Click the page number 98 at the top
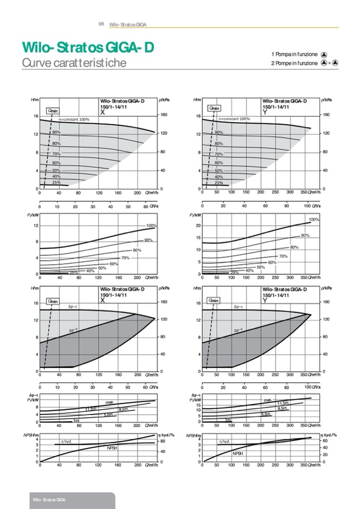point(101,24)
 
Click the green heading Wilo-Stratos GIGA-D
point(88,48)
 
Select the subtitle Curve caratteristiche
point(74,63)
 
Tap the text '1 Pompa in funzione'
point(294,54)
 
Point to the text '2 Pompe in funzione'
point(294,63)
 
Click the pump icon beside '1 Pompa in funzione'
point(324,54)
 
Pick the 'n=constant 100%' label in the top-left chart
point(74,119)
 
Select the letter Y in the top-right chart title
point(264,113)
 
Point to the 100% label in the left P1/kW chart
point(151,226)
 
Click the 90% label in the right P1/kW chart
point(305,235)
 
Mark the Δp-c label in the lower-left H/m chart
point(74,307)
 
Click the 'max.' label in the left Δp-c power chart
point(109,402)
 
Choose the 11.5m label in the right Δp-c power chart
point(282,404)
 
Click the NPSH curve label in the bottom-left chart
point(112,448)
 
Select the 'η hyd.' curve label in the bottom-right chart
point(224,441)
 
